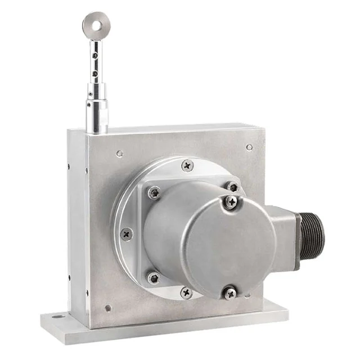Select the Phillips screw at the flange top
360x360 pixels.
pyautogui.click(x=187, y=165)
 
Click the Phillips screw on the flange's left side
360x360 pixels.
pyautogui.click(x=127, y=233)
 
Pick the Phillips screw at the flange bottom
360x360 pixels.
pyautogui.click(x=186, y=292)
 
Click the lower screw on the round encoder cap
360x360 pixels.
pyautogui.click(x=229, y=293)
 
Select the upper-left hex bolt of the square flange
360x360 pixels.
pyautogui.click(x=154, y=193)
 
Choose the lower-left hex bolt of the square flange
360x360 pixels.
pyautogui.click(x=153, y=278)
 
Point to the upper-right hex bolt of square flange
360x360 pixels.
pyautogui.click(x=233, y=186)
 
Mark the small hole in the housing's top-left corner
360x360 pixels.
pyautogui.click(x=119, y=153)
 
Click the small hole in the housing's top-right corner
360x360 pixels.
pyautogui.click(x=249, y=147)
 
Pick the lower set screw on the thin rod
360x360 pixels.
pyautogui.click(x=94, y=73)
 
